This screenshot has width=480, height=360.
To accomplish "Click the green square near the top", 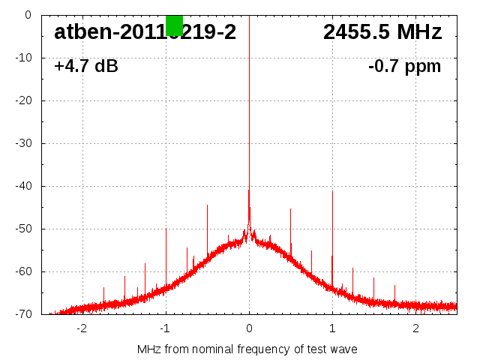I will [174, 25].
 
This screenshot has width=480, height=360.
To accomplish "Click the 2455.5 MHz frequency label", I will [382, 32].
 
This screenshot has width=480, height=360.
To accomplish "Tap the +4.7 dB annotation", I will [86, 66].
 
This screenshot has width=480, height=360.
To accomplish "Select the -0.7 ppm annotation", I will [404, 66].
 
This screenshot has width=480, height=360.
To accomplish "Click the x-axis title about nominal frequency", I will [247, 349].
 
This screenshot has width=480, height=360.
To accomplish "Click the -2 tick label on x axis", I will [82, 328].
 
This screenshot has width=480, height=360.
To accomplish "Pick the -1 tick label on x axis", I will [165, 328].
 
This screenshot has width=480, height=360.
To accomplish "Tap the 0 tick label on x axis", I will [249, 328].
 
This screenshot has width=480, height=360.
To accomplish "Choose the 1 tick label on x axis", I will [332, 328].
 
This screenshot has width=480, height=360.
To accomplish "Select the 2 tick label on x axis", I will [415, 328].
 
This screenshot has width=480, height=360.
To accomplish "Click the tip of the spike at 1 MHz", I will [332, 190].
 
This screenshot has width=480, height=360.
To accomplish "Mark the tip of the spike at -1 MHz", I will [166, 229].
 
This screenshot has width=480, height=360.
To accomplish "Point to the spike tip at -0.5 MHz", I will [207, 205].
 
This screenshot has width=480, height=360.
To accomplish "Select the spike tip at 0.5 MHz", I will [290, 209].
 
